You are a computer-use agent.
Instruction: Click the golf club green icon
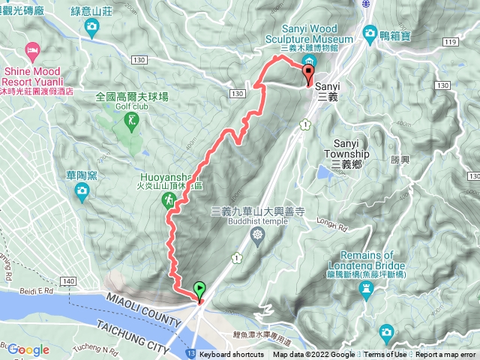[133, 119]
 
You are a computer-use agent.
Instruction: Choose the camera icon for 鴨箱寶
[369, 33]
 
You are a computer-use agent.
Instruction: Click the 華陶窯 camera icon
[82, 194]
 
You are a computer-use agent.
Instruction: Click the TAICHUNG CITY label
[133, 333]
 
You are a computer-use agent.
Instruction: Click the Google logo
[28, 350]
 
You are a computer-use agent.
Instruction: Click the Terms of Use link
[386, 355]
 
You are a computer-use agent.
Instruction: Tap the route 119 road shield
[450, 43]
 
